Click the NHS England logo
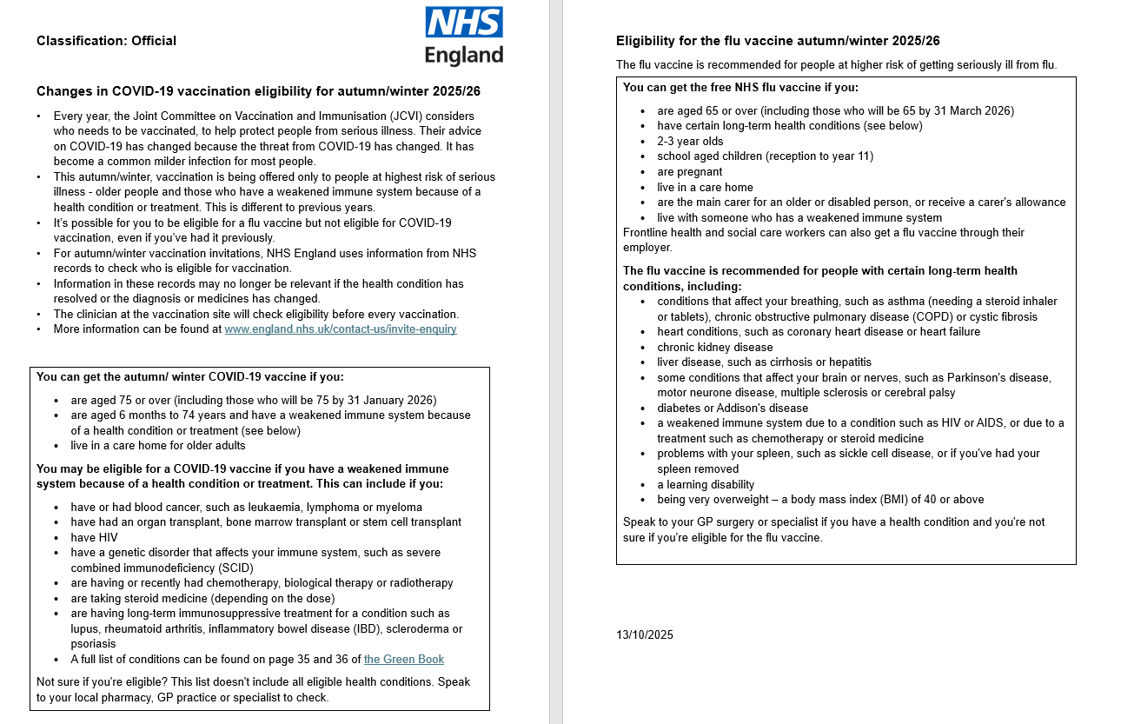[464, 37]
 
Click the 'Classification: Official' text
[106, 41]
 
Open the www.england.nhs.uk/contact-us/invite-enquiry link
[340, 329]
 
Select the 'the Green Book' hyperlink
[403, 660]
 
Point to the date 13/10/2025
[645, 635]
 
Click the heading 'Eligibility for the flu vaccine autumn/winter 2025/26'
[778, 41]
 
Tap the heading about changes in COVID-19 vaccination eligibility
[258, 91]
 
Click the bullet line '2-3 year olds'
[690, 142]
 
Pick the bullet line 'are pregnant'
[689, 172]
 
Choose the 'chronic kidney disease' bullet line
[714, 347]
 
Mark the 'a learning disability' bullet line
[706, 485]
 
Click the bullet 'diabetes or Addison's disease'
[733, 408]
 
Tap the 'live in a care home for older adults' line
[158, 446]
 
